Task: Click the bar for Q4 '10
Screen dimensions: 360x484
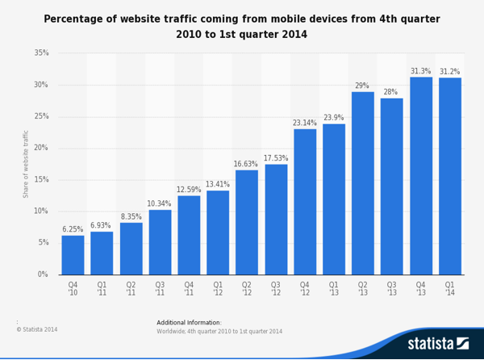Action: click(73, 254)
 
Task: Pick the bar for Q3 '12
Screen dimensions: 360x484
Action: click(276, 219)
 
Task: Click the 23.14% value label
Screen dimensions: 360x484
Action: click(305, 123)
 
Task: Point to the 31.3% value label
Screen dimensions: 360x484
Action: click(420, 71)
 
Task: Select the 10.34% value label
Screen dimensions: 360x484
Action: click(160, 203)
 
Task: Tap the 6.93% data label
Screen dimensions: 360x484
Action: click(102, 225)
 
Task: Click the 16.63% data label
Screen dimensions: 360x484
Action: click(246, 164)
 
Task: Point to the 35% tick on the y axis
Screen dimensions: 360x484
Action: click(41, 53)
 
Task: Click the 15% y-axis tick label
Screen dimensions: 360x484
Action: click(41, 180)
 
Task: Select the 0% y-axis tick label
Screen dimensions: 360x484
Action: click(43, 274)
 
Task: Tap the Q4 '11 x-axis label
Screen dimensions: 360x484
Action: click(189, 289)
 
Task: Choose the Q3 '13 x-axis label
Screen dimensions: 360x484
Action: click(391, 289)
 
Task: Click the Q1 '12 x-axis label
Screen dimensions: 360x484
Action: click(218, 289)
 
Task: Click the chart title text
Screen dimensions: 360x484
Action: click(241, 27)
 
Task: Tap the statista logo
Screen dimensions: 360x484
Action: click(437, 344)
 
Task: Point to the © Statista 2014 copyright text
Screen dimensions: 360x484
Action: click(37, 329)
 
